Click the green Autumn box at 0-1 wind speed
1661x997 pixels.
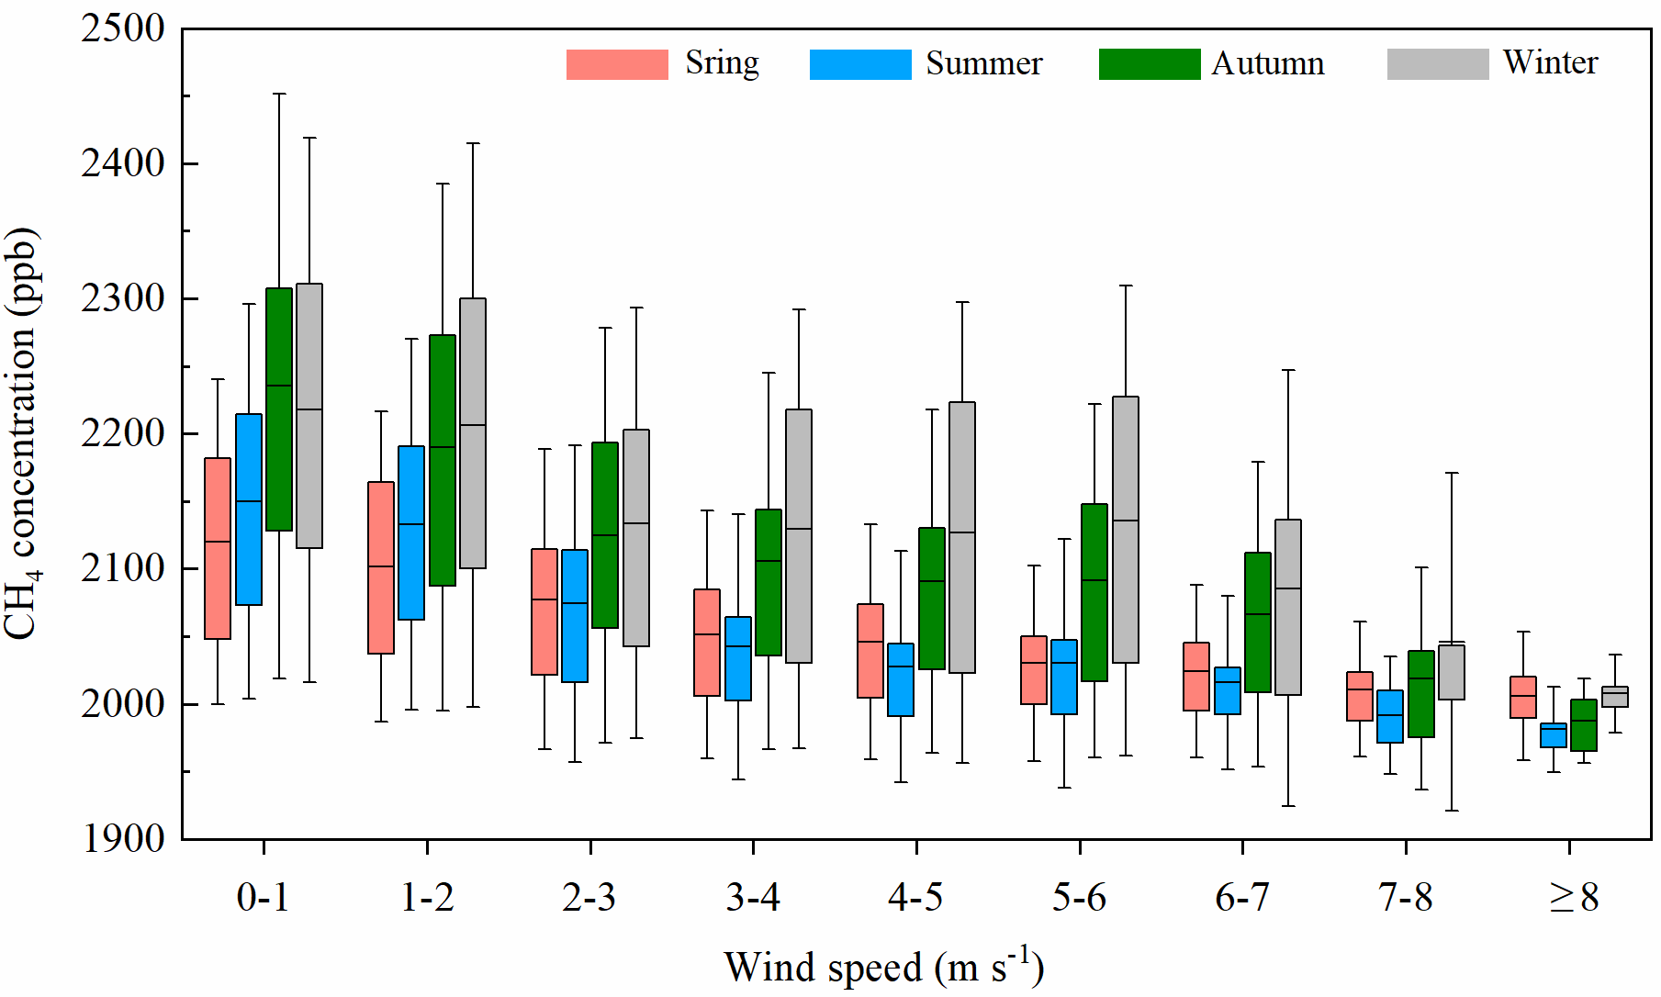(279, 409)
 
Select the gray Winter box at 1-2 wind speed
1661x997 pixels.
(473, 433)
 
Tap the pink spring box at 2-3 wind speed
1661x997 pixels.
(544, 611)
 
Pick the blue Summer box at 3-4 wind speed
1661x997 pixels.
(738, 658)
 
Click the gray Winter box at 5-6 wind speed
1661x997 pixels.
(1126, 530)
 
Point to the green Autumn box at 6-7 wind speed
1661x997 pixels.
(1258, 622)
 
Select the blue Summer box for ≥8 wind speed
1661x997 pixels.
(1554, 735)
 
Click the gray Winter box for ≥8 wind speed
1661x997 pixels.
(1615, 697)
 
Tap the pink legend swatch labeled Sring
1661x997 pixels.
(617, 64)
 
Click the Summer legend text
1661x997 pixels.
(983, 63)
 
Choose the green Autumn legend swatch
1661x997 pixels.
(1150, 64)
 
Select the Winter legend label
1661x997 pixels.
(1550, 62)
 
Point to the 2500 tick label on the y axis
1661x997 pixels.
(123, 28)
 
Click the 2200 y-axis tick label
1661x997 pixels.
(123, 433)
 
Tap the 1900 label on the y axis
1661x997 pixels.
(123, 838)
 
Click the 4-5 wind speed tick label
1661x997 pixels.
(915, 897)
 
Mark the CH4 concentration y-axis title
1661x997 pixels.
(22, 433)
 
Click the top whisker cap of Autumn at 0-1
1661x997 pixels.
(279, 94)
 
